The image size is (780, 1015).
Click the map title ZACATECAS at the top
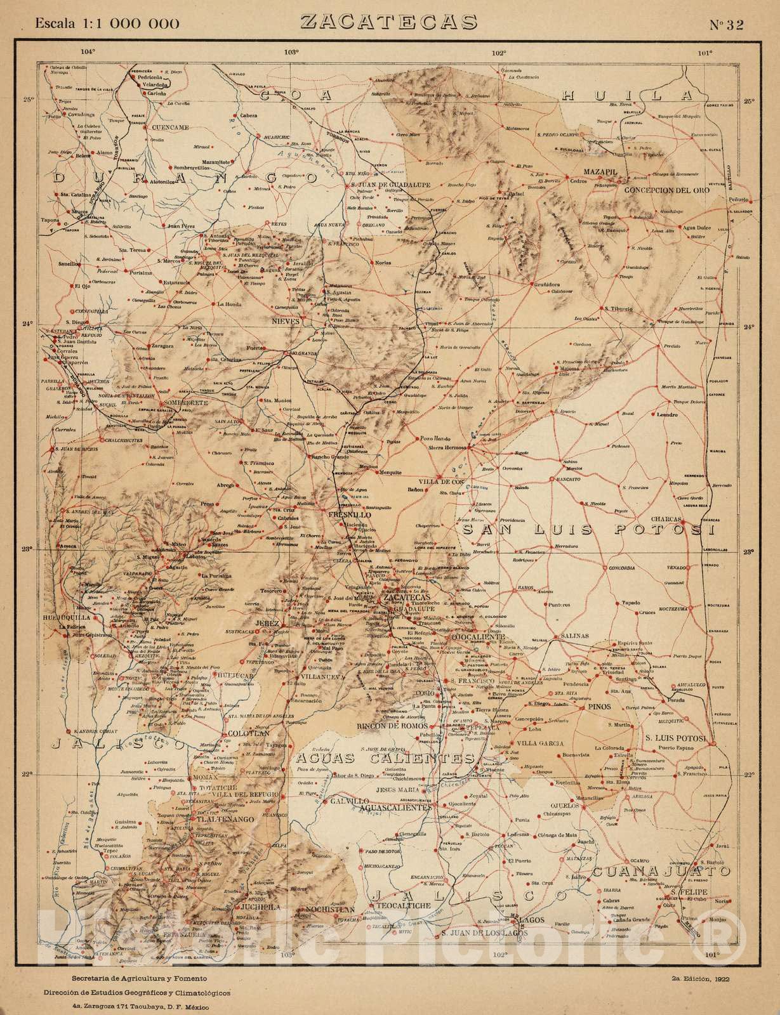click(390, 22)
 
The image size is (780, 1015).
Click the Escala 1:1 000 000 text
click(107, 24)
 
